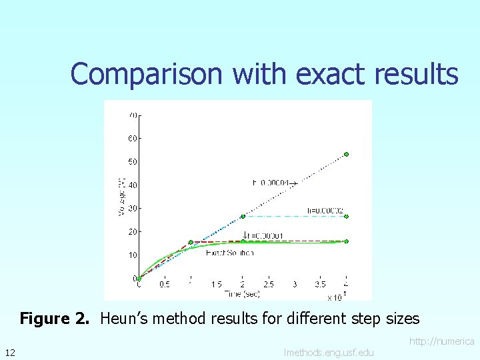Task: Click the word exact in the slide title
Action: click(331, 74)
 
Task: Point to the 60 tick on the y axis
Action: click(133, 138)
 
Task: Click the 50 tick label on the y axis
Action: click(133, 161)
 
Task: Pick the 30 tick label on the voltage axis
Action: click(133, 208)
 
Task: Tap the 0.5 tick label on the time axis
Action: click(164, 285)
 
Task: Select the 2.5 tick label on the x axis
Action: click(268, 285)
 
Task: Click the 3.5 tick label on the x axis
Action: click(320, 285)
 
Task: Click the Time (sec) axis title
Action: click(242, 293)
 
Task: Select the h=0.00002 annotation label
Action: click(325, 211)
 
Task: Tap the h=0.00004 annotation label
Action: click(272, 181)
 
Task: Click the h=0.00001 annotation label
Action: click(264, 235)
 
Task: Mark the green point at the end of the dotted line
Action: click(346, 155)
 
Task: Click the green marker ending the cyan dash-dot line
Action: click(346, 216)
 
